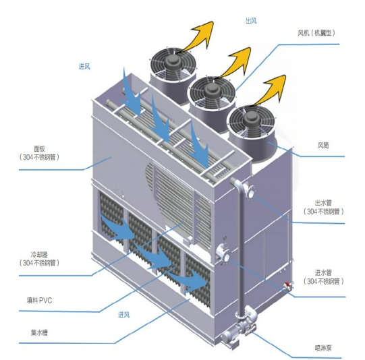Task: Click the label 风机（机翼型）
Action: tap(316, 33)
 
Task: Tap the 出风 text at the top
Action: tap(251, 21)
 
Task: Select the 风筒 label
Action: tap(323, 146)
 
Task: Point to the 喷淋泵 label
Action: tap(323, 348)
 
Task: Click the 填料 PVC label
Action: tap(39, 300)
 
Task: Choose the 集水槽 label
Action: tap(39, 332)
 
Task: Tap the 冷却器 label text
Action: tap(39, 254)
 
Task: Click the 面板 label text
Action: tap(39, 149)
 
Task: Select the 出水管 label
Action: tap(323, 203)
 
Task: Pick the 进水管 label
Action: tap(323, 272)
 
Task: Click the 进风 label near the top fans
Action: tap(84, 67)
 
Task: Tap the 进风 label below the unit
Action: tap(123, 315)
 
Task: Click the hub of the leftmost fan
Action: tap(173, 61)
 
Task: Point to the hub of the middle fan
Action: tap(211, 90)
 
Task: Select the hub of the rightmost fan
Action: tap(250, 119)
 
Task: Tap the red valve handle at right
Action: tap(287, 284)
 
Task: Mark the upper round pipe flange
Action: tap(250, 191)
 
